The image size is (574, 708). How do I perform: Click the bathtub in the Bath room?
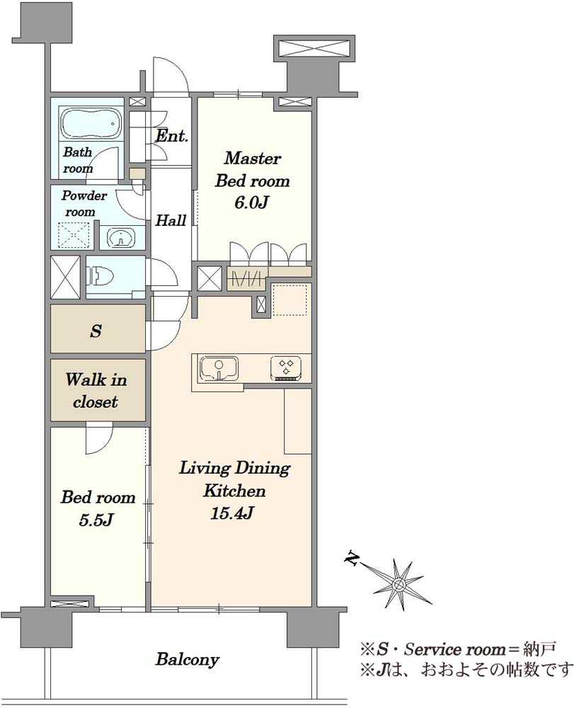tap(91, 123)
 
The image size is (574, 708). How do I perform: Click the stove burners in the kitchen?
tap(286, 367)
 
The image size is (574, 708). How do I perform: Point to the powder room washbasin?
tap(120, 237)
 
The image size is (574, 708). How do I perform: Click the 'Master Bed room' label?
tap(252, 169)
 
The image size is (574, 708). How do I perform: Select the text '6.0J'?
tap(251, 202)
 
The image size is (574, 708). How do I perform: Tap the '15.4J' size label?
tap(232, 513)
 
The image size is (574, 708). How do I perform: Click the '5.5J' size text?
tap(96, 520)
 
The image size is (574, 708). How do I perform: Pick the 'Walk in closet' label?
tap(96, 391)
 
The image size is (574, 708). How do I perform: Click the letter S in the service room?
tap(96, 331)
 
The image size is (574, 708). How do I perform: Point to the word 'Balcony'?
tap(188, 660)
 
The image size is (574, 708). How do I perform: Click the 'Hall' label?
tap(171, 220)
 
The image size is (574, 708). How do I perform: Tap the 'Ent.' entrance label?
tap(172, 136)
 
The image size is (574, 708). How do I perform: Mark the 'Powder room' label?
tap(84, 204)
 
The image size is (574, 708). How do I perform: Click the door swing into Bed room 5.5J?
tap(98, 439)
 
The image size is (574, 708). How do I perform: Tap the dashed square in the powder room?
tap(75, 236)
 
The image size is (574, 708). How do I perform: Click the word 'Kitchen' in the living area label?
tap(234, 491)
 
